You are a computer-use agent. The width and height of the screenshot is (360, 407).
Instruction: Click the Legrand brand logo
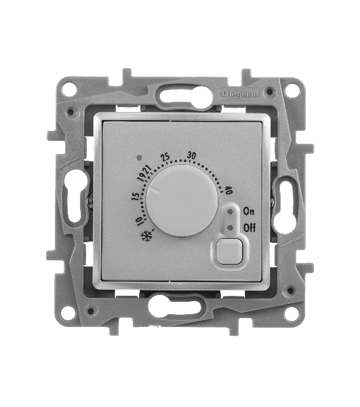tap(239, 94)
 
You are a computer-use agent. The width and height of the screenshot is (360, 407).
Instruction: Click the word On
tap(248, 212)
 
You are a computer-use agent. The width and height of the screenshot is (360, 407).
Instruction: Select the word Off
tap(249, 228)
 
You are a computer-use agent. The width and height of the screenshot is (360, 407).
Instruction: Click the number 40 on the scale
tap(228, 190)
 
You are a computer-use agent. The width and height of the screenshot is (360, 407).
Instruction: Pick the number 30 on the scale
tap(191, 155)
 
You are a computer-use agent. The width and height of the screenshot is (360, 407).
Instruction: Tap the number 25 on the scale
tap(165, 157)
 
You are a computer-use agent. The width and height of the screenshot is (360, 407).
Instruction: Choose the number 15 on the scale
tap(136, 197)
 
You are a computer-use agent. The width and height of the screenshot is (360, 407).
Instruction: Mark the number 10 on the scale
tap(139, 221)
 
